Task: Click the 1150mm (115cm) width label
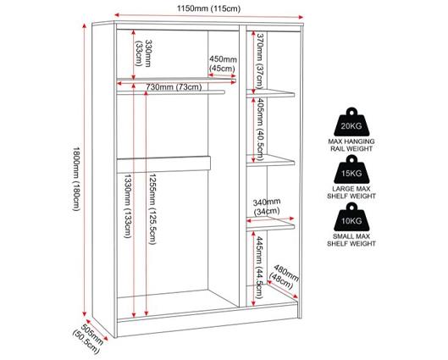point(208,8)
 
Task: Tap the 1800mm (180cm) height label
point(76,179)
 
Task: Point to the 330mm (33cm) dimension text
point(144,53)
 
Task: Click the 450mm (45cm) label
point(223,64)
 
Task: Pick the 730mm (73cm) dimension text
point(174,86)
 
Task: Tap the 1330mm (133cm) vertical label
point(127,206)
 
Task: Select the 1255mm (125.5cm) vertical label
point(152,209)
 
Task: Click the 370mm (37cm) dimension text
point(259,61)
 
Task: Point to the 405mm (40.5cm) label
point(259,129)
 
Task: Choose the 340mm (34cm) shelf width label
point(267,207)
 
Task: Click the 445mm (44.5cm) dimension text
point(259,267)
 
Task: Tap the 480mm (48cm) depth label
point(284,277)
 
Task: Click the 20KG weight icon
point(351,122)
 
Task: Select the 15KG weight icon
point(351,169)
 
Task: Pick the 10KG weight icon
point(351,217)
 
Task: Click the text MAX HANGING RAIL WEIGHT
point(351,145)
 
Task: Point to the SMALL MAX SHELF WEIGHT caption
point(351,240)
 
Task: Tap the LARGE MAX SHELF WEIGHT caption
point(351,192)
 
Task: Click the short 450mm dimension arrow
point(222,75)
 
